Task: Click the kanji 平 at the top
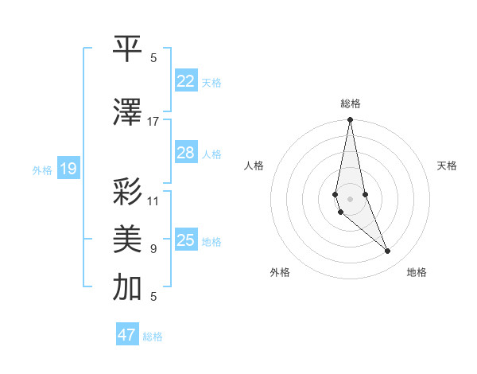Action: pyautogui.click(x=128, y=49)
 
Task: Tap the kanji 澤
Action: pyautogui.click(x=128, y=112)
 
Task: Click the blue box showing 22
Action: pyautogui.click(x=186, y=81)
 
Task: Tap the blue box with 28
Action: pyautogui.click(x=186, y=153)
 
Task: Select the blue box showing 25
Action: pyautogui.click(x=186, y=240)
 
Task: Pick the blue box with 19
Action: pyautogui.click(x=68, y=169)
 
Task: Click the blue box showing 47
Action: pyautogui.click(x=127, y=335)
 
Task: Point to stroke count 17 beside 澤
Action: pyautogui.click(x=153, y=122)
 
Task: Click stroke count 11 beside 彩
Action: pyautogui.click(x=153, y=201)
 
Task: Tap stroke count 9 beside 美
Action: pyautogui.click(x=153, y=249)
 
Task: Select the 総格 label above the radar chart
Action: pyautogui.click(x=351, y=103)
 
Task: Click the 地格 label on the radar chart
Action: pyautogui.click(x=417, y=272)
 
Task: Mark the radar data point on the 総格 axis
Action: pyautogui.click(x=350, y=120)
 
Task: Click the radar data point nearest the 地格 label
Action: pyautogui.click(x=388, y=251)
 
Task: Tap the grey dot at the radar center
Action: pyautogui.click(x=350, y=198)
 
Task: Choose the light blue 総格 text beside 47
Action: pyautogui.click(x=153, y=337)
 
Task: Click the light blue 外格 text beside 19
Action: pyautogui.click(x=42, y=169)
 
